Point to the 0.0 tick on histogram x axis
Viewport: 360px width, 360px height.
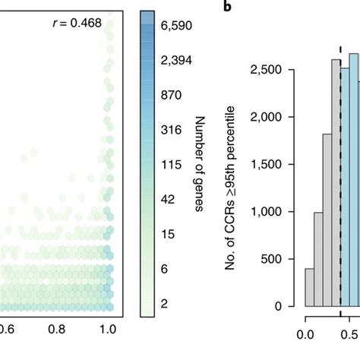305,333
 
